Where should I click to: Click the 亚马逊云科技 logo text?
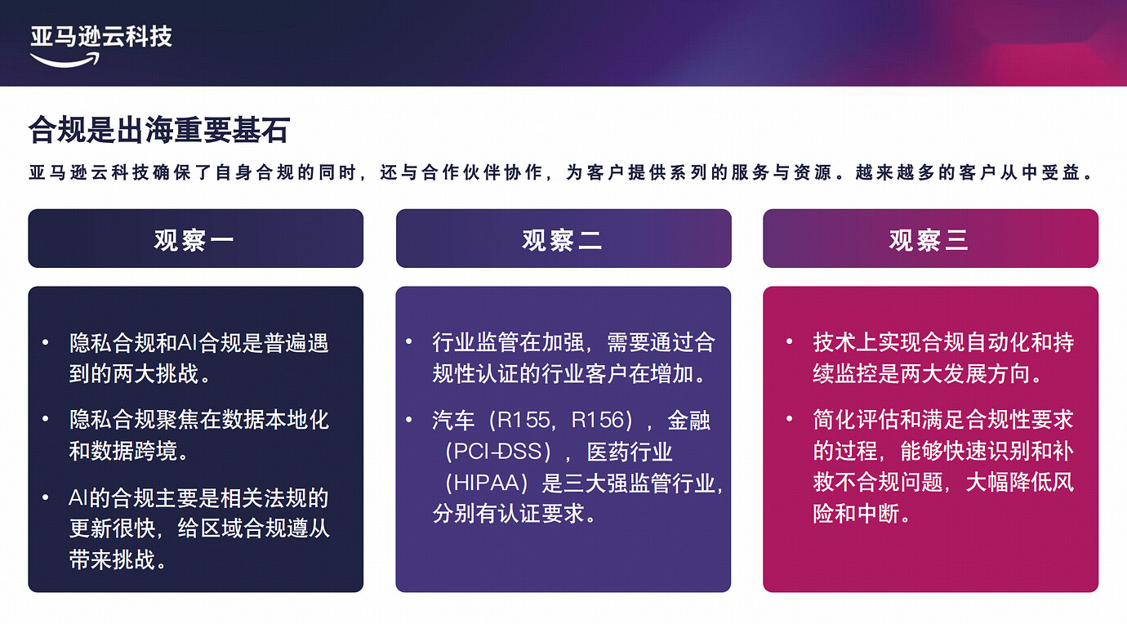pos(101,36)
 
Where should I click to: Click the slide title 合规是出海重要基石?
pos(158,131)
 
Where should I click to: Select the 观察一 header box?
pos(195,238)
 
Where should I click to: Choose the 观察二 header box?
pos(563,238)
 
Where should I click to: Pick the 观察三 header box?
pos(930,238)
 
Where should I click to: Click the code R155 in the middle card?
pos(523,421)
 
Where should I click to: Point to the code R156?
pos(602,421)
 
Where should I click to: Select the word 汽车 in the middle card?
pos(453,421)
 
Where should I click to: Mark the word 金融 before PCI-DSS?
pos(688,421)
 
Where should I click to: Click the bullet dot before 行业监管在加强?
pos(408,341)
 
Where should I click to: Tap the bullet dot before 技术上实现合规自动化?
pos(790,341)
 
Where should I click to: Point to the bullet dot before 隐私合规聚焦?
pos(46,420)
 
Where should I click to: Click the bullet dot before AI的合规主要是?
pos(46,497)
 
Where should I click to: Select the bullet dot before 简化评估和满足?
pos(790,420)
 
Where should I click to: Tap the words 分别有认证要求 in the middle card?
pos(509,514)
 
